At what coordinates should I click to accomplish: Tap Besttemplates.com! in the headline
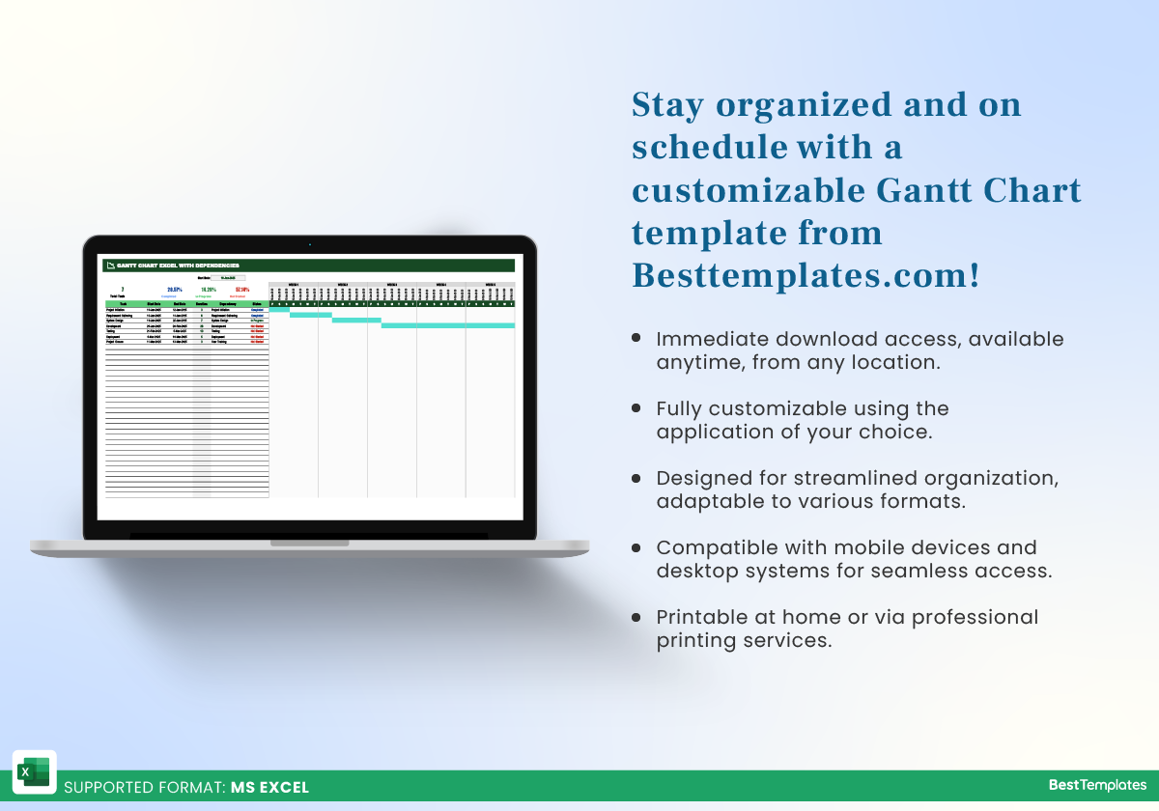[806, 275]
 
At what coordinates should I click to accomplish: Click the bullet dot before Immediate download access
[636, 339]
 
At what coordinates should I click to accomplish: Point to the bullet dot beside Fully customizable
[636, 408]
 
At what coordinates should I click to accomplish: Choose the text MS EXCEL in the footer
[269, 788]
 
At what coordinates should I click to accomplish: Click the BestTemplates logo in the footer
[1097, 786]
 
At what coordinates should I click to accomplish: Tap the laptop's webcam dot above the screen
[309, 244]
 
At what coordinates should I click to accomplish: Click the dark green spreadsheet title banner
[309, 266]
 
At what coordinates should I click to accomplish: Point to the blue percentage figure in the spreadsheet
[174, 289]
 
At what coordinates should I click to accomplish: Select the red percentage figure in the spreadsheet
[242, 289]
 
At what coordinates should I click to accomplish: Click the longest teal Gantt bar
[447, 325]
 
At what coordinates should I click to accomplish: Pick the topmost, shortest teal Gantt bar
[279, 309]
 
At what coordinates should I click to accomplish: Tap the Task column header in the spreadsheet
[123, 303]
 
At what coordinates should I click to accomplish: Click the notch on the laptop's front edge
[309, 544]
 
